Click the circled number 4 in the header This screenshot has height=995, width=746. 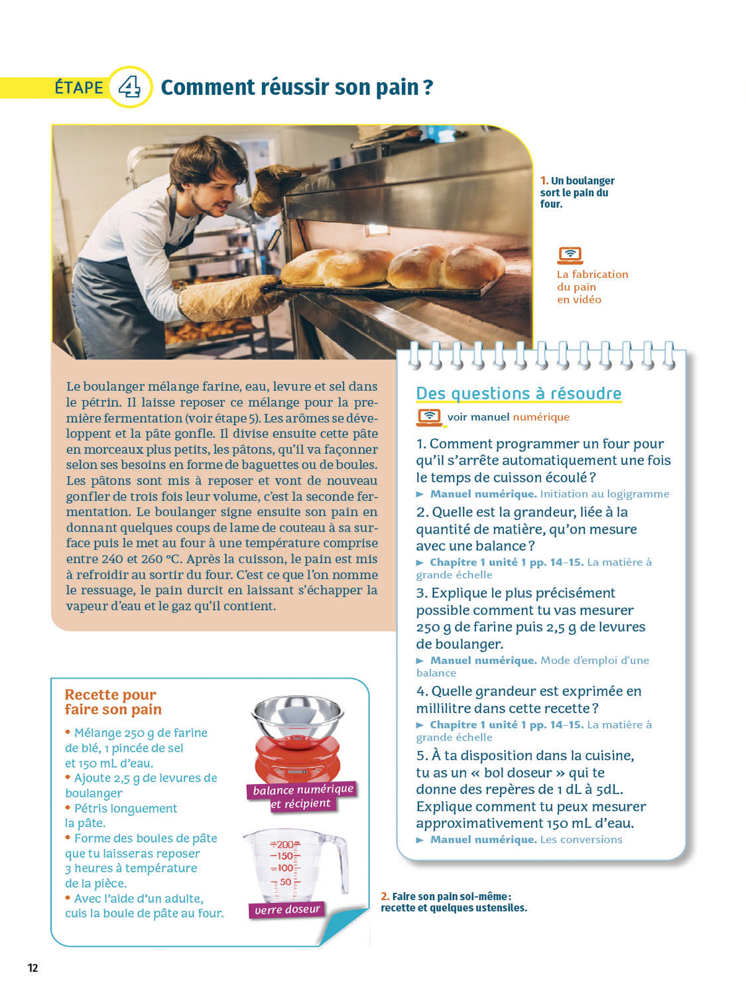(129, 87)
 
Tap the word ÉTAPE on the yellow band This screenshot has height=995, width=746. (80, 88)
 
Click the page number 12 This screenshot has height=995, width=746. (33, 968)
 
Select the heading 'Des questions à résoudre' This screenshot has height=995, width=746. (518, 393)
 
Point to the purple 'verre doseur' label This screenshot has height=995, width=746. (287, 909)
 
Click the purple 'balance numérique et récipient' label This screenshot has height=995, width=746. (302, 796)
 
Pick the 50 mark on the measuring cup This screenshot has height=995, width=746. (285, 882)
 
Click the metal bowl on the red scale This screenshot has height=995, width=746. (298, 717)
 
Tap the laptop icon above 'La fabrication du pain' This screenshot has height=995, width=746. (570, 255)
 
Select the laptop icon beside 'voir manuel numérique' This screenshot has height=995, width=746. (428, 417)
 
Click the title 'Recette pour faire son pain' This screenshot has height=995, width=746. (113, 702)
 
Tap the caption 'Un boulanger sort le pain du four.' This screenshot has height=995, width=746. (578, 192)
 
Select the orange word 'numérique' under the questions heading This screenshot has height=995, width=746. (541, 417)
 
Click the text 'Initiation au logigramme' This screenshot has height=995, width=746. (604, 494)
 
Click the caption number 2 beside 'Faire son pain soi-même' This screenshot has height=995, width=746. (385, 896)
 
